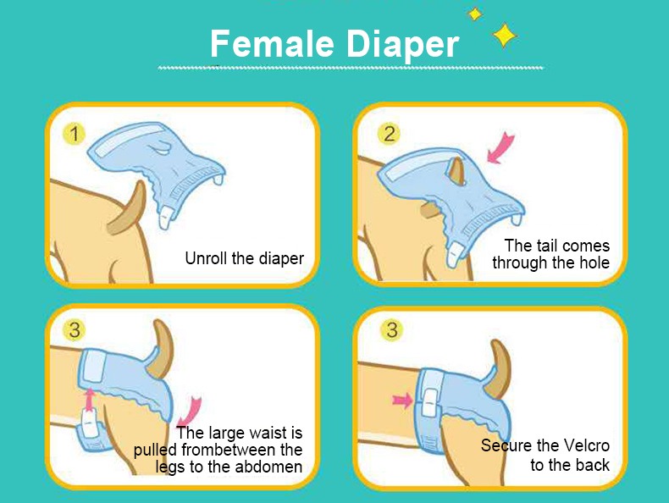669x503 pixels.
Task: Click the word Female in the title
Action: click(x=272, y=43)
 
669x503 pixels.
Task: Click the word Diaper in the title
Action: click(x=402, y=46)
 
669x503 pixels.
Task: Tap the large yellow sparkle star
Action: click(x=505, y=35)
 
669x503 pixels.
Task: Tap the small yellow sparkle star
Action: click(x=474, y=14)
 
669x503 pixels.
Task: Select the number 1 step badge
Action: click(x=74, y=135)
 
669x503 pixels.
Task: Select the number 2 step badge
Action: click(x=389, y=134)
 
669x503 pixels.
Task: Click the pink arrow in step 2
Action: click(x=500, y=148)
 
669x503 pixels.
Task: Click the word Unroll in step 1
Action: click(x=206, y=258)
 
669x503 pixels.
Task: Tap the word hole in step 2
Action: click(x=594, y=263)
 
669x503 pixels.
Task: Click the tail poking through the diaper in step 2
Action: click(x=456, y=171)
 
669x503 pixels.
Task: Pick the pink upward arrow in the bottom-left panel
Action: click(x=89, y=400)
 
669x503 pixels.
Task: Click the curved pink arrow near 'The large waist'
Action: click(x=189, y=412)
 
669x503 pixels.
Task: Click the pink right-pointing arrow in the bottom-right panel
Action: click(x=402, y=401)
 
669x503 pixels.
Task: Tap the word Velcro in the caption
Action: click(x=586, y=445)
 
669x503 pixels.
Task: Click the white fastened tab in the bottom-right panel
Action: click(x=429, y=403)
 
